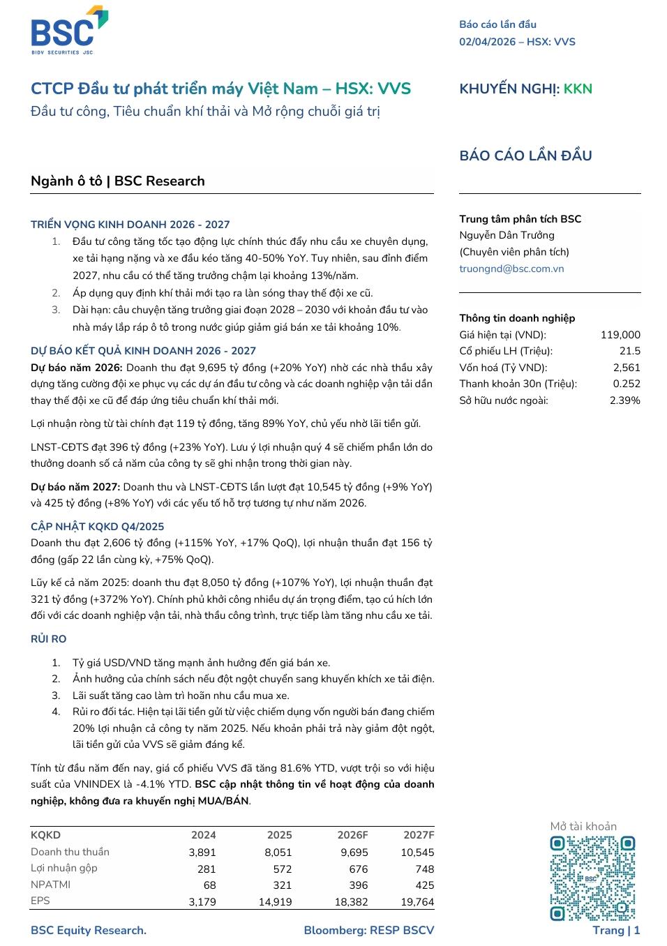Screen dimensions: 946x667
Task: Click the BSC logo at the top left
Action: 68,31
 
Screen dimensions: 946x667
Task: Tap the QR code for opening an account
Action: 592,878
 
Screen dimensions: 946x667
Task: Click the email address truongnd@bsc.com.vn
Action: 511,269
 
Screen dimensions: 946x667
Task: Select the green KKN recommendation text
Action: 578,89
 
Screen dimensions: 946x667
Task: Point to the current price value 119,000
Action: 620,335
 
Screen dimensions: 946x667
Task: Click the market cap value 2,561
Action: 626,368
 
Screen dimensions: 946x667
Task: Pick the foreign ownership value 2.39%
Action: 624,400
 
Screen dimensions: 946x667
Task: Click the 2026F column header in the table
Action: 352,835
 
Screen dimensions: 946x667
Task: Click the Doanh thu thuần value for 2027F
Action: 417,853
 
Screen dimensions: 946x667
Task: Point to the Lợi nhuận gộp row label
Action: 64,868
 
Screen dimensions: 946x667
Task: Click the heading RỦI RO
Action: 49,639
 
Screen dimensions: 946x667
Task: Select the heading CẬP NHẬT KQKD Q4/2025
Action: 98,527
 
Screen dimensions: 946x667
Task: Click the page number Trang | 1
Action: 616,930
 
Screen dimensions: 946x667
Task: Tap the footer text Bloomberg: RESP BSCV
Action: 368,930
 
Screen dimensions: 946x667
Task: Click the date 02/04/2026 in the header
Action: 487,42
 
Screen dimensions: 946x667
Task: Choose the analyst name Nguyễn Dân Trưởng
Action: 507,236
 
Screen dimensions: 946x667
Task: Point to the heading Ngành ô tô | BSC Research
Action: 118,181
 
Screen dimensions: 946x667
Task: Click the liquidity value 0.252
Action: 627,384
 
